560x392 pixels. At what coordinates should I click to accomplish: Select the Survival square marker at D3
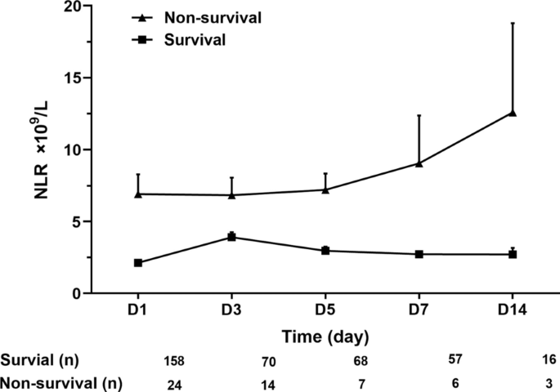(x=231, y=237)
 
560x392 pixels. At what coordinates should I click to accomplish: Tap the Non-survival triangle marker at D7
(x=419, y=163)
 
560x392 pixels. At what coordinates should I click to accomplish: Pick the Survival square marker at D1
(x=138, y=263)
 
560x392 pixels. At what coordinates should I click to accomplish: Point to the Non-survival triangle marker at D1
(x=138, y=194)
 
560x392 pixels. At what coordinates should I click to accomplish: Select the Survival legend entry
(x=183, y=38)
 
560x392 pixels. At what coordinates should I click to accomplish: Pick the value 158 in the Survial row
(x=176, y=360)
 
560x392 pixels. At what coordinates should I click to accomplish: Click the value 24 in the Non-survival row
(x=176, y=382)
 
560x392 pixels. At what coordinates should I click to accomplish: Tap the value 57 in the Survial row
(x=455, y=360)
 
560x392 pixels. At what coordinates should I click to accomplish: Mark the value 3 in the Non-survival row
(x=553, y=382)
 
